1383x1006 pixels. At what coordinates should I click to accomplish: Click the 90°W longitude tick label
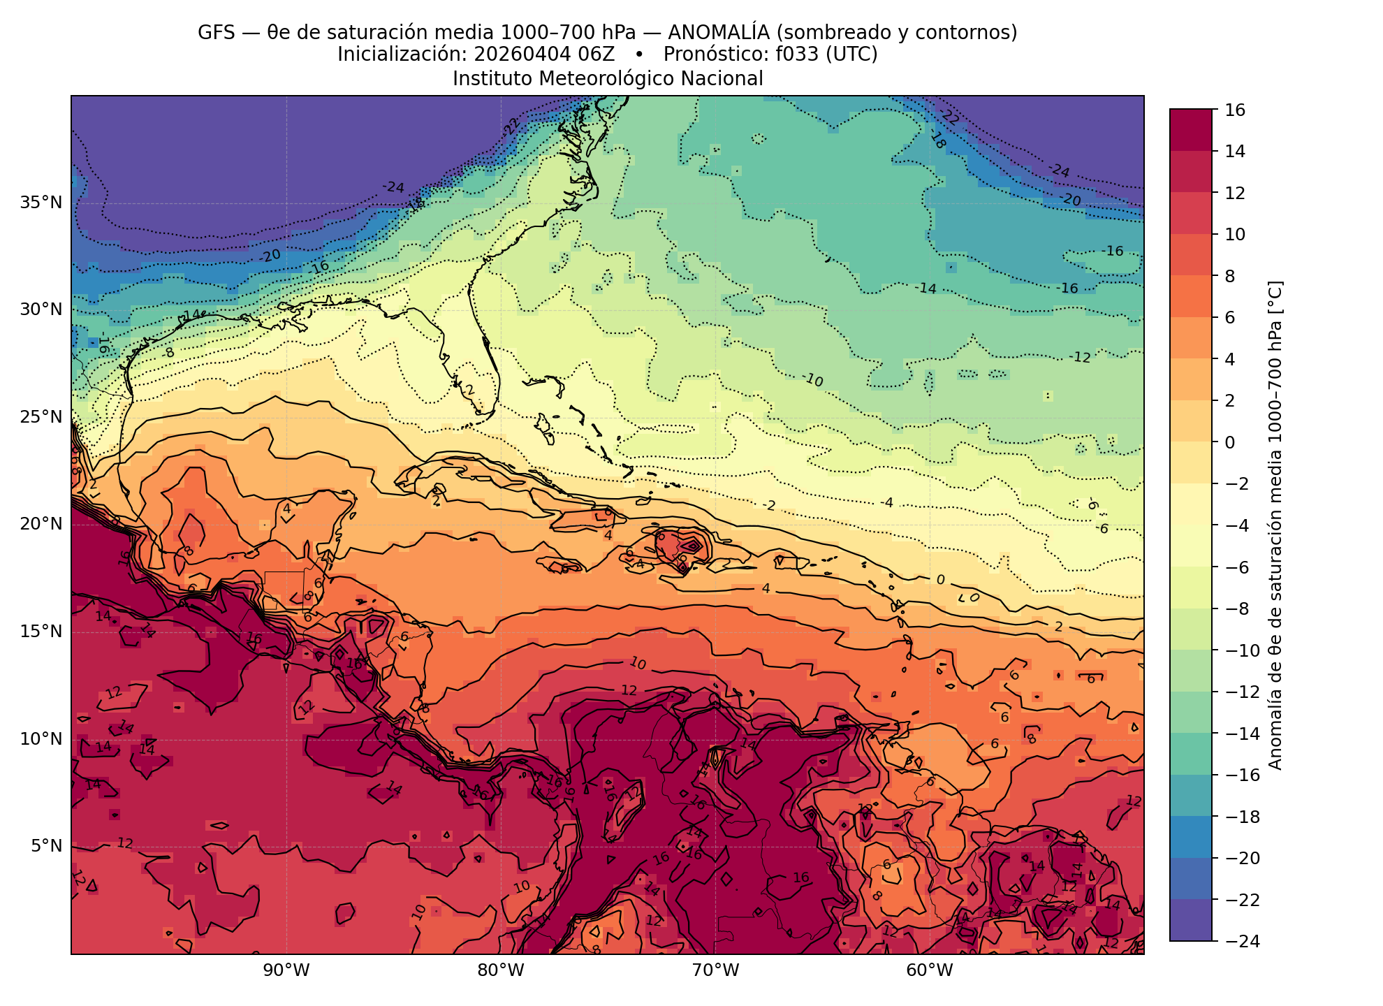tap(286, 971)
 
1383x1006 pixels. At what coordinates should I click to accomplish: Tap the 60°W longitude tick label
tap(929, 971)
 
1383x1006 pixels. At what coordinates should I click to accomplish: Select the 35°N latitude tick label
tap(41, 203)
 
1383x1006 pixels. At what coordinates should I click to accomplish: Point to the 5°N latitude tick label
tap(46, 847)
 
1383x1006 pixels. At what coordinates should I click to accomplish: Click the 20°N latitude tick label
tap(41, 524)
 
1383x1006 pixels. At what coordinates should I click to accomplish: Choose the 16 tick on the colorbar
tap(1234, 110)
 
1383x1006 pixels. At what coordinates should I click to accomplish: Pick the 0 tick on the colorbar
tap(1230, 442)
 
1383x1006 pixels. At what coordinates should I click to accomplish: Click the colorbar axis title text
tap(1275, 525)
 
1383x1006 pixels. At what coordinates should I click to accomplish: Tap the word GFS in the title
tap(217, 33)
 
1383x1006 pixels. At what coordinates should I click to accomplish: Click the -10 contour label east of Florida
tap(812, 380)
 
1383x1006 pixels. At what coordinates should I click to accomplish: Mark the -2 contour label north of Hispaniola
tap(769, 505)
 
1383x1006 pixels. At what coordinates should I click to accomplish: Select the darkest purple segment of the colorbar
tap(1190, 920)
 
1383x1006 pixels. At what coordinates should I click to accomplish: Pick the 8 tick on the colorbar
tap(1230, 276)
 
